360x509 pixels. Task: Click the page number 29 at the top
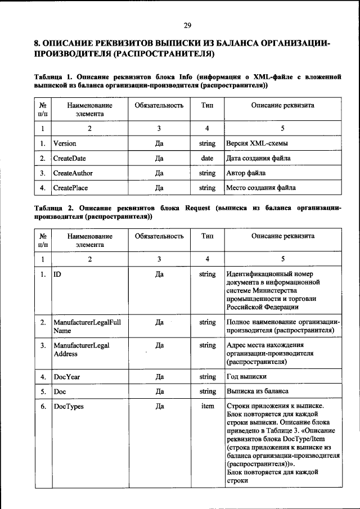[x=187, y=25]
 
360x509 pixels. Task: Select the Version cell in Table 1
[x=65, y=143]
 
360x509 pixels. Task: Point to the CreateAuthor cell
[x=73, y=173]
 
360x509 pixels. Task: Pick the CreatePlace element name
[x=70, y=187]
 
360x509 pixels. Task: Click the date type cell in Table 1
[x=207, y=158]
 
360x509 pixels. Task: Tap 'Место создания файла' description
[x=260, y=187]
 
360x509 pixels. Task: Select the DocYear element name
[x=67, y=376]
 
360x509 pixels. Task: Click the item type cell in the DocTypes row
[x=207, y=406]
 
